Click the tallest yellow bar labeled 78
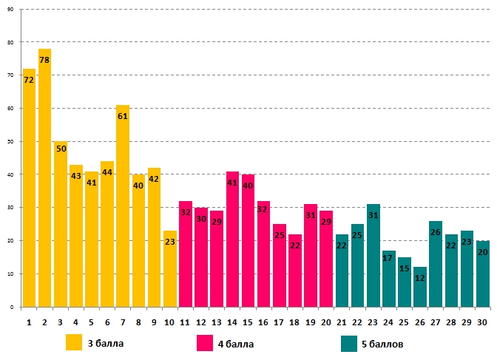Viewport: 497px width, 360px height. coord(44,177)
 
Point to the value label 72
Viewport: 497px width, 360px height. coord(29,79)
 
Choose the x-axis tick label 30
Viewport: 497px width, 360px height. coord(481,322)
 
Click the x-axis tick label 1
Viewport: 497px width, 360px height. coord(29,322)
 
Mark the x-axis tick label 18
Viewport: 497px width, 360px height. coord(294,322)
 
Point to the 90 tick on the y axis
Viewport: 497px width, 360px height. coord(11,10)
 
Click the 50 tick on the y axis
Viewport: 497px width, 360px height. coord(11,142)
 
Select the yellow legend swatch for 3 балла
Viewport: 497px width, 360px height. coord(74,343)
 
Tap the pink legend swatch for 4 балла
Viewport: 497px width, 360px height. coord(205,343)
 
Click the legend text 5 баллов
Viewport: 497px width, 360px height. coord(383,344)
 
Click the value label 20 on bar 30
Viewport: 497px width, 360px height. coord(481,251)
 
